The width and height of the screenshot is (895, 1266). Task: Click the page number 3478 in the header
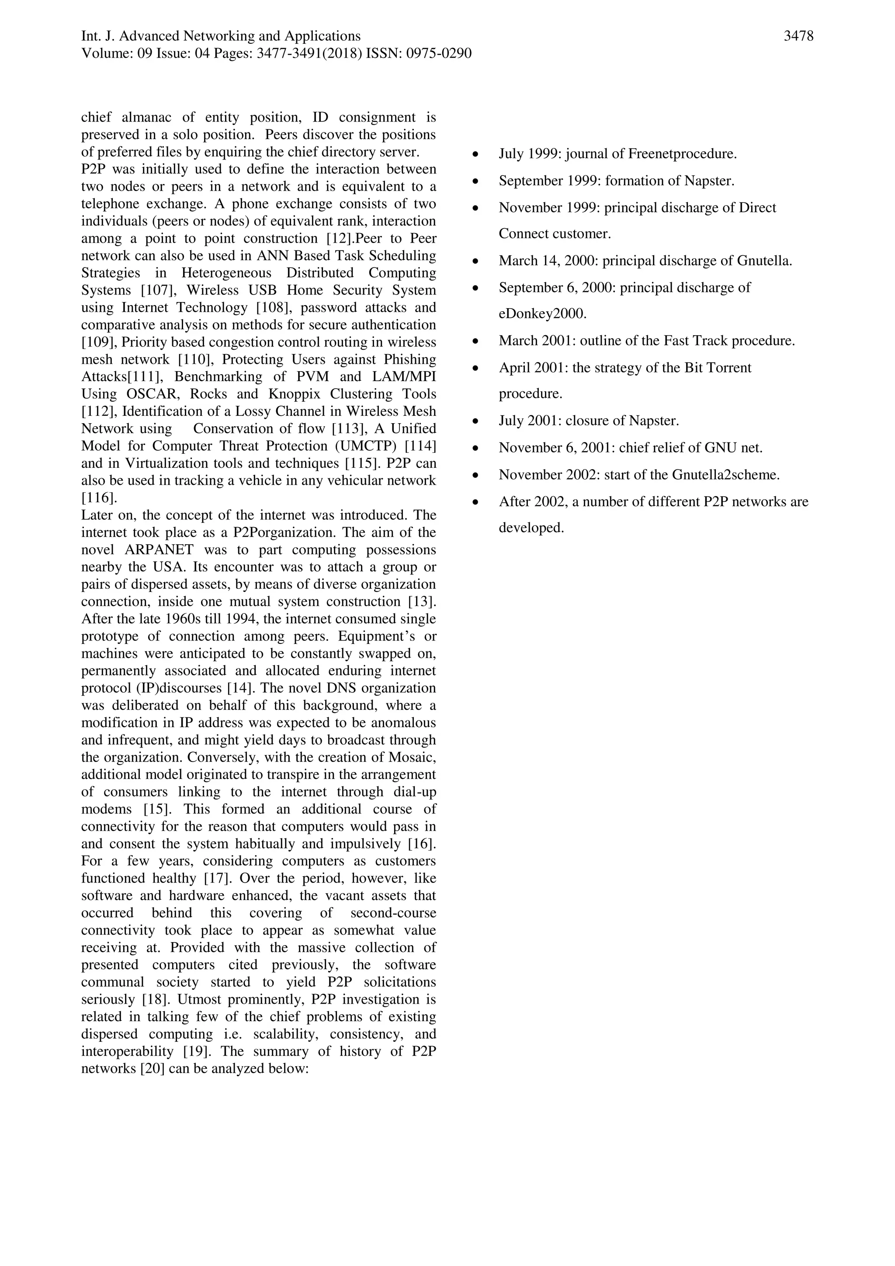[798, 36]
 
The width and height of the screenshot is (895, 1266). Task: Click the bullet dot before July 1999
[475, 155]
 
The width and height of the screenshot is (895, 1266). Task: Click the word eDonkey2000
[542, 314]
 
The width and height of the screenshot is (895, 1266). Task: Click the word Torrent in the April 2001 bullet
[728, 368]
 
